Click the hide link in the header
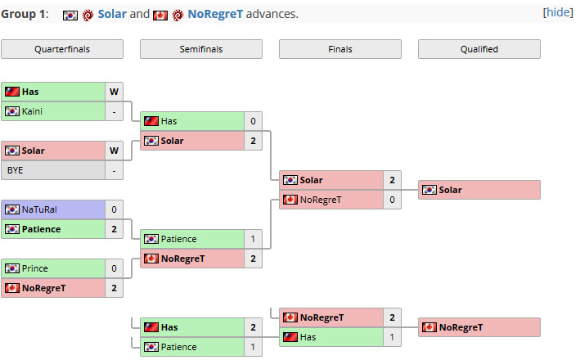point(558,12)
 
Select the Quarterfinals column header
point(62,49)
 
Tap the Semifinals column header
point(201,49)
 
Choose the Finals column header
point(340,49)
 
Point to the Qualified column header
point(479,49)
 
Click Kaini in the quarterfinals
point(32,111)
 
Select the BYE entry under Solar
point(16,170)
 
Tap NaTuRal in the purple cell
point(39,209)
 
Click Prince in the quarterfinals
point(35,268)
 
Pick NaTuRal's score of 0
point(114,209)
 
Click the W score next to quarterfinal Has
point(114,92)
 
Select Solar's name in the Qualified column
point(450,190)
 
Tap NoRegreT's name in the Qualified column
point(461,327)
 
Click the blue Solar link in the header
point(112,14)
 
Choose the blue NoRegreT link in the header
point(215,14)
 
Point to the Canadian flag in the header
point(160,16)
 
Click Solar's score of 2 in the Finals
point(392,180)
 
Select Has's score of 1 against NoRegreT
point(392,337)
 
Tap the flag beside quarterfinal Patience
point(12,229)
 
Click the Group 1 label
point(25,14)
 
